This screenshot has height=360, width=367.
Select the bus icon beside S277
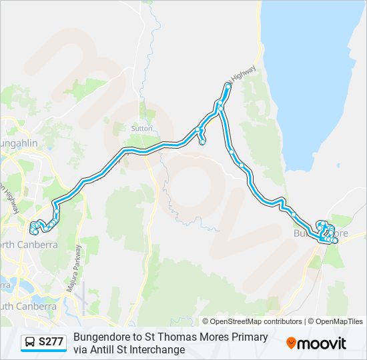click(31, 343)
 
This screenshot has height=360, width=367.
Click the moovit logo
click(316, 343)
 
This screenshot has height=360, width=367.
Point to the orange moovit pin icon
click(291, 343)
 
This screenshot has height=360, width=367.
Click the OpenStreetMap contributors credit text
click(252, 321)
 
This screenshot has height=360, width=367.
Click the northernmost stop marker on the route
click(228, 86)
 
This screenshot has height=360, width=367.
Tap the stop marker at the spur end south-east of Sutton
click(202, 141)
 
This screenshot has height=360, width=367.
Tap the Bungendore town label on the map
click(321, 234)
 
